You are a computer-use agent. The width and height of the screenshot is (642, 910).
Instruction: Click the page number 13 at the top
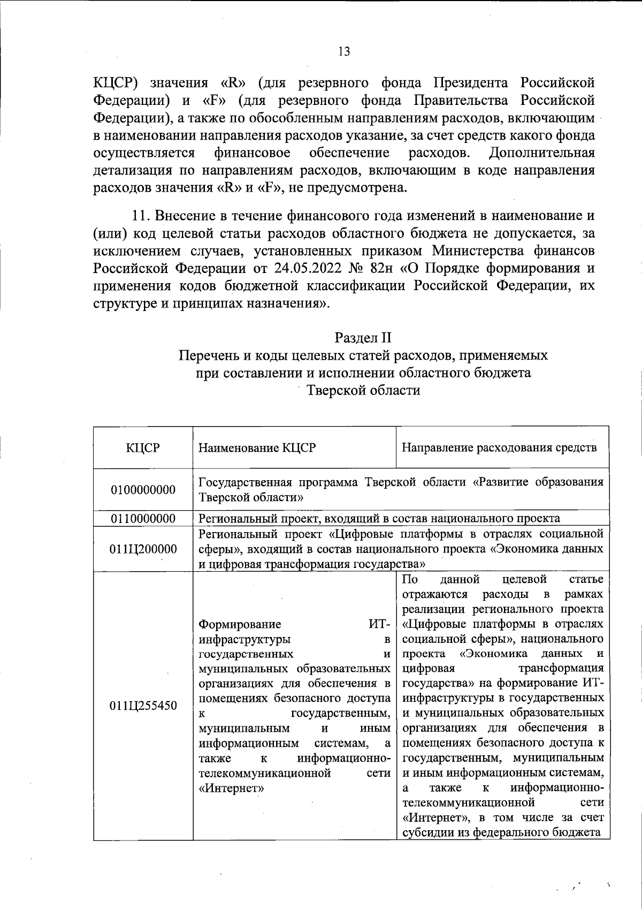pyautogui.click(x=344, y=51)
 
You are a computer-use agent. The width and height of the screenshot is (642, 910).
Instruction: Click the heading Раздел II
pyautogui.click(x=363, y=338)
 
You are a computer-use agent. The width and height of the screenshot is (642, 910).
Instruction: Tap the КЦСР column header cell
pyautogui.click(x=143, y=448)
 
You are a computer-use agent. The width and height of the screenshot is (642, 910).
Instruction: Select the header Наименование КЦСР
pyautogui.click(x=257, y=448)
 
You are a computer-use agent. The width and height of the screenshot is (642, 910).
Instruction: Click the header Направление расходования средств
pyautogui.click(x=499, y=448)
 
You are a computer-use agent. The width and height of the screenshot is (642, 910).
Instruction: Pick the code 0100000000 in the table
pyautogui.click(x=143, y=490)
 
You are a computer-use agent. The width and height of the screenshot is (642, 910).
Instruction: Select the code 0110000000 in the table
pyautogui.click(x=143, y=518)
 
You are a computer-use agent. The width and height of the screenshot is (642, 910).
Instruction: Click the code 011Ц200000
pyautogui.click(x=143, y=549)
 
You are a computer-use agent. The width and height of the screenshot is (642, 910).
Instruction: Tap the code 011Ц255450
pyautogui.click(x=143, y=706)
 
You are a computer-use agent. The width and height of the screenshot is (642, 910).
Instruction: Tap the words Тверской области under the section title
pyautogui.click(x=363, y=390)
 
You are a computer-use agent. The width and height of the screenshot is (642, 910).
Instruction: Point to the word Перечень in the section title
pyautogui.click(x=205, y=355)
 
